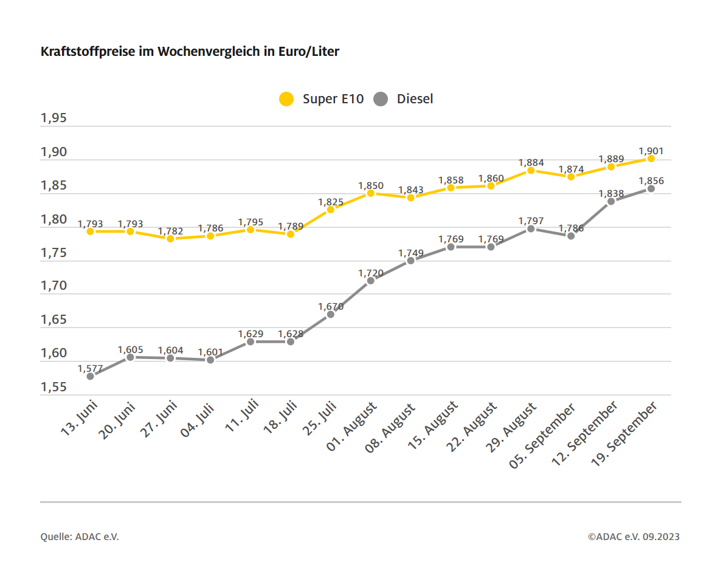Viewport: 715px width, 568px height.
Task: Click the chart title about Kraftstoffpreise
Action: tap(190, 52)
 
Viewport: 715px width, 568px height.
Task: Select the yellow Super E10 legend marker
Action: tap(286, 99)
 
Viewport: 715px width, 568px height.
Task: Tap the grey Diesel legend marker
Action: tap(381, 99)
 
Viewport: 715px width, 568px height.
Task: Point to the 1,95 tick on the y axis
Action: tap(54, 118)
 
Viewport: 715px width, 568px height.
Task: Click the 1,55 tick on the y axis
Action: tap(54, 387)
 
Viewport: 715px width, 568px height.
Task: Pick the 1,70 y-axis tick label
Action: tap(54, 286)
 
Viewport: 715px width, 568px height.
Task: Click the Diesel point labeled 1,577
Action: tap(90, 376)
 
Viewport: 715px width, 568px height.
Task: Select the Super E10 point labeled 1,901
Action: tap(651, 159)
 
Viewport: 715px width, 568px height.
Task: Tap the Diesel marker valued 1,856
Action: tap(651, 188)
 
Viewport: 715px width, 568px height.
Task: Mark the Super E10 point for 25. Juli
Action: tap(330, 210)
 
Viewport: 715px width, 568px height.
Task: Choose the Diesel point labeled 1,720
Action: tap(370, 280)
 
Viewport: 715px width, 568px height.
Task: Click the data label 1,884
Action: tap(531, 163)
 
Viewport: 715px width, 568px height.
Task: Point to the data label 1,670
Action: tap(331, 307)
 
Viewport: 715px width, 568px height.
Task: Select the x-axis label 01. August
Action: tap(352, 427)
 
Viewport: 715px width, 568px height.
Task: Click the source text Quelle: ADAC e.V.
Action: tap(80, 536)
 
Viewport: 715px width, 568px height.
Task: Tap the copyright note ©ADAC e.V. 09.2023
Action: tap(634, 536)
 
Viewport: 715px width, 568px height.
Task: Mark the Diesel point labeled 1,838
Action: tap(610, 201)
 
